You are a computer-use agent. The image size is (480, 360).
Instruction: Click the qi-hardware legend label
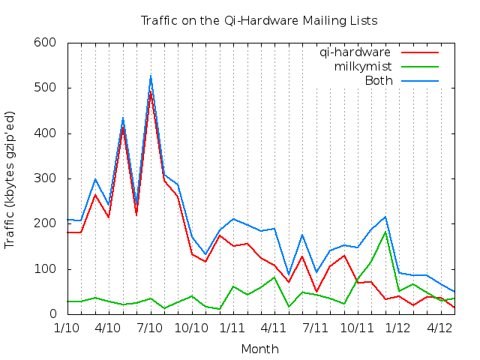pyautogui.click(x=355, y=52)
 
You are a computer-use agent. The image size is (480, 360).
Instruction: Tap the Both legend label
pyautogui.click(x=379, y=80)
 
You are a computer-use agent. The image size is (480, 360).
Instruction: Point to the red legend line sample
pyautogui.click(x=419, y=52)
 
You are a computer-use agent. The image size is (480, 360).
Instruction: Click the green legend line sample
pyautogui.click(x=419, y=67)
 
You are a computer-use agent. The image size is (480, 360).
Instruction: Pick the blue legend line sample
pyautogui.click(x=419, y=80)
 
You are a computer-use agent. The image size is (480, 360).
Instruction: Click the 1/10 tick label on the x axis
pyautogui.click(x=67, y=328)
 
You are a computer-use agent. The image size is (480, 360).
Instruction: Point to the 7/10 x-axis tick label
pyautogui.click(x=150, y=328)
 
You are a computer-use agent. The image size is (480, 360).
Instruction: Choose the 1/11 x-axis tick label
pyautogui.click(x=233, y=328)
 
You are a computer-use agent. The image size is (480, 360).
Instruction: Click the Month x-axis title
pyautogui.click(x=259, y=349)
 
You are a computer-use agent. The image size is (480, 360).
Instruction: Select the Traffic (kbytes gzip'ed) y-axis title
pyautogui.click(x=10, y=178)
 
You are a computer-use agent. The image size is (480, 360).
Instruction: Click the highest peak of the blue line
pyautogui.click(x=151, y=76)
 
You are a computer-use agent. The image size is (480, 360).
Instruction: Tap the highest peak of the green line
pyautogui.click(x=385, y=232)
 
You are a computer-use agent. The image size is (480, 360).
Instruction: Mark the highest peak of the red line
pyautogui.click(x=151, y=91)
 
